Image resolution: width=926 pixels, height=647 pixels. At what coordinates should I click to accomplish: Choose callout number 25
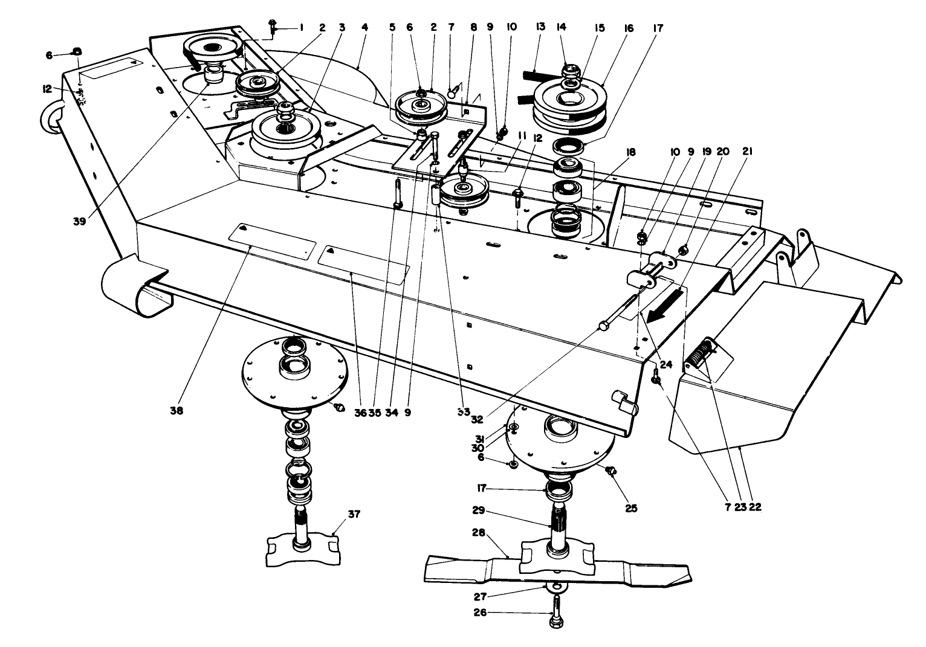[x=631, y=508]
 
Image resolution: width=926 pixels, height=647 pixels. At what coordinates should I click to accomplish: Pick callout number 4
[x=364, y=27]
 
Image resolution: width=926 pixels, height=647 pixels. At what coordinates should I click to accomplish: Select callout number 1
[x=302, y=27]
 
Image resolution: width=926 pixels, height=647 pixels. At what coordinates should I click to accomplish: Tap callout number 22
[x=754, y=507]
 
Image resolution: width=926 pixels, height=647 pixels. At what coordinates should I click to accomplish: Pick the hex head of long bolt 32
[x=602, y=326]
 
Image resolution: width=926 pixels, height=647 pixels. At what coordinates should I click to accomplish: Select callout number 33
[x=464, y=411]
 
